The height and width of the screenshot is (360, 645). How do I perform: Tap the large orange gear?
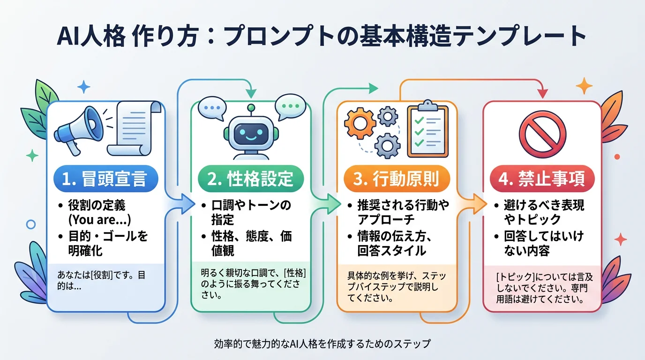pos(360,123)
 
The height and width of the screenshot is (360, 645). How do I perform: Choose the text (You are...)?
pos(99,220)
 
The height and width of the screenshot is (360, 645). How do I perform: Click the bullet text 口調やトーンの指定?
pos(251,212)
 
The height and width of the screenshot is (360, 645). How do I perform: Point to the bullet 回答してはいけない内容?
pos(544,243)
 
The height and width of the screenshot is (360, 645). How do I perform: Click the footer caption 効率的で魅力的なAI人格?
pos(322,344)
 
